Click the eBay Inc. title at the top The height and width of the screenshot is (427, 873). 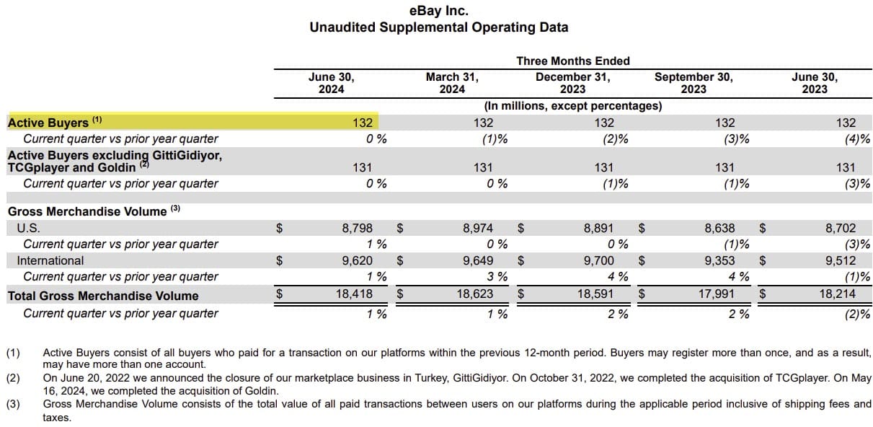pyautogui.click(x=438, y=11)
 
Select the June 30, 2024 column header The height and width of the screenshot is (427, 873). pyautogui.click(x=331, y=83)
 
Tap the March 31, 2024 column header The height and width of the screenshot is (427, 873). pyautogui.click(x=452, y=83)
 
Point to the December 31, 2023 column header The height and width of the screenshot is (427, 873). pyautogui.click(x=572, y=83)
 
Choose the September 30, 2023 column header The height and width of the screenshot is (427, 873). pyautogui.click(x=693, y=83)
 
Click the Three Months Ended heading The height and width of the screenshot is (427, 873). pyautogui.click(x=572, y=61)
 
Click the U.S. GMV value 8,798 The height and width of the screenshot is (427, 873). pyautogui.click(x=357, y=228)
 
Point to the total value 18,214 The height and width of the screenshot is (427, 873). pyautogui.click(x=837, y=294)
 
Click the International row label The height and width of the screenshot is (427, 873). pyautogui.click(x=50, y=260)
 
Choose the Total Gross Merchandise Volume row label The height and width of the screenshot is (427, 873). pyautogui.click(x=102, y=296)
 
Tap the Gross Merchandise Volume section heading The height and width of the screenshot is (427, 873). pyautogui.click(x=87, y=211)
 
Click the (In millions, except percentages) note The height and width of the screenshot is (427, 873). pyautogui.click(x=572, y=106)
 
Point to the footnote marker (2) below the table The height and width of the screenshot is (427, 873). pyautogui.click(x=14, y=378)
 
